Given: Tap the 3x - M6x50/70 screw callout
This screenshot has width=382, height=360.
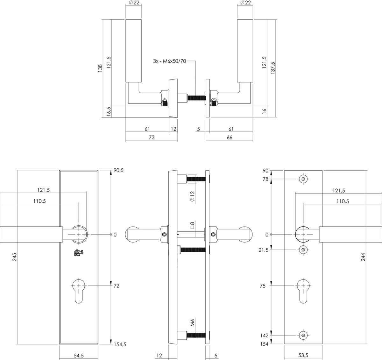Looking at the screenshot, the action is pyautogui.click(x=169, y=61).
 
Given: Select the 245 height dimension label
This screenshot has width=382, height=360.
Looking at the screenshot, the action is pyautogui.click(x=15, y=257).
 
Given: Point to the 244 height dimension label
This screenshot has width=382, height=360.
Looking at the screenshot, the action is pyautogui.click(x=363, y=257).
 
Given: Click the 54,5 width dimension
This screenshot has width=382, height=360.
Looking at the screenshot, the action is pyautogui.click(x=79, y=356).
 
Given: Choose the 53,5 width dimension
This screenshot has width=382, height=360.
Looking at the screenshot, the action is pyautogui.click(x=303, y=355).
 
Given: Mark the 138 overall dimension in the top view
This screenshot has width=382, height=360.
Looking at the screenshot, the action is pyautogui.click(x=100, y=68).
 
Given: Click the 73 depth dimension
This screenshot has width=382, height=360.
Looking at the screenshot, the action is pyautogui.click(x=152, y=138).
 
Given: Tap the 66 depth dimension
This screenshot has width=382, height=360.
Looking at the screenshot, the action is pyautogui.click(x=230, y=138).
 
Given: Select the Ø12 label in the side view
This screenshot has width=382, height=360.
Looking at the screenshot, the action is pyautogui.click(x=192, y=196).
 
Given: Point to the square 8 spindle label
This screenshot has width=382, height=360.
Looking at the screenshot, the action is pyautogui.click(x=192, y=225).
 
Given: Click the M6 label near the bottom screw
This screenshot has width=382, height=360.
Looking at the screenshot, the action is pyautogui.click(x=193, y=323).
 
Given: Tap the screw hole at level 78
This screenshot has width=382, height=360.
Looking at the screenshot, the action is pyautogui.click(x=303, y=179).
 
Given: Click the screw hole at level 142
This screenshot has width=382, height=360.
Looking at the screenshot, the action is pyautogui.click(x=303, y=335).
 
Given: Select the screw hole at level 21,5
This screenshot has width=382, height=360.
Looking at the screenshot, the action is pyautogui.click(x=303, y=250).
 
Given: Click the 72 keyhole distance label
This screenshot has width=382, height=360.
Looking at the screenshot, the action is pyautogui.click(x=117, y=286).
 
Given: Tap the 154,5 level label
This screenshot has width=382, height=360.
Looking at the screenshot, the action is pyautogui.click(x=120, y=344).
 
